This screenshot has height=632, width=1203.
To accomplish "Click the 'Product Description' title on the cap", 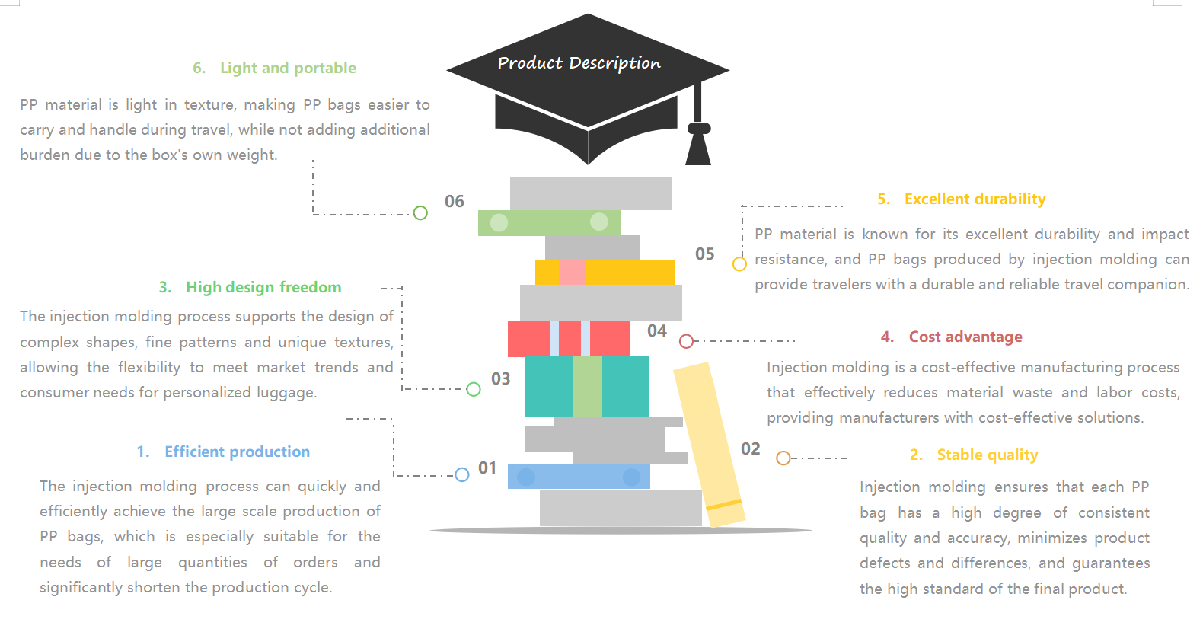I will (x=579, y=63).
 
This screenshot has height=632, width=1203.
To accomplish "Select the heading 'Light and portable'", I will (x=287, y=68).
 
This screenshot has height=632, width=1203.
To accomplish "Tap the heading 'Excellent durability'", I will (x=975, y=199).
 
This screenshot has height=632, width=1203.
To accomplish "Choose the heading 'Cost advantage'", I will (x=965, y=337).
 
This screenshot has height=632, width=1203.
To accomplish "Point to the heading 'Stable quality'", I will (x=987, y=455).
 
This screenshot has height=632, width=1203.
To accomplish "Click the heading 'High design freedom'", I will (x=263, y=287).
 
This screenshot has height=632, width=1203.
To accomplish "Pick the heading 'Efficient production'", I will (x=237, y=452).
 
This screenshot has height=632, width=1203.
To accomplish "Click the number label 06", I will (x=455, y=201).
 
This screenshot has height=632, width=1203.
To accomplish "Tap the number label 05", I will (x=705, y=254).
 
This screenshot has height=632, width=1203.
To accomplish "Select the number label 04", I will (x=657, y=330).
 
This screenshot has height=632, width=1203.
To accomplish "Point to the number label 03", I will (x=501, y=378).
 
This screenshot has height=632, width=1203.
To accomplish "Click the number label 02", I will (x=751, y=448).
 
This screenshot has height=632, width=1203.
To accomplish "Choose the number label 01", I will (x=487, y=468).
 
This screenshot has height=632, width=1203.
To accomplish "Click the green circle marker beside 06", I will (x=420, y=213).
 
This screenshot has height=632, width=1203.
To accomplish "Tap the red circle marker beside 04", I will (x=686, y=341).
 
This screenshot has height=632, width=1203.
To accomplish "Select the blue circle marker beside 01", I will (x=462, y=475).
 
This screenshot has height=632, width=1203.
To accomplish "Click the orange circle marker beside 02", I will (x=783, y=458).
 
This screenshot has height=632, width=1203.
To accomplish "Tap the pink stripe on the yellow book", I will (x=572, y=272).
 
